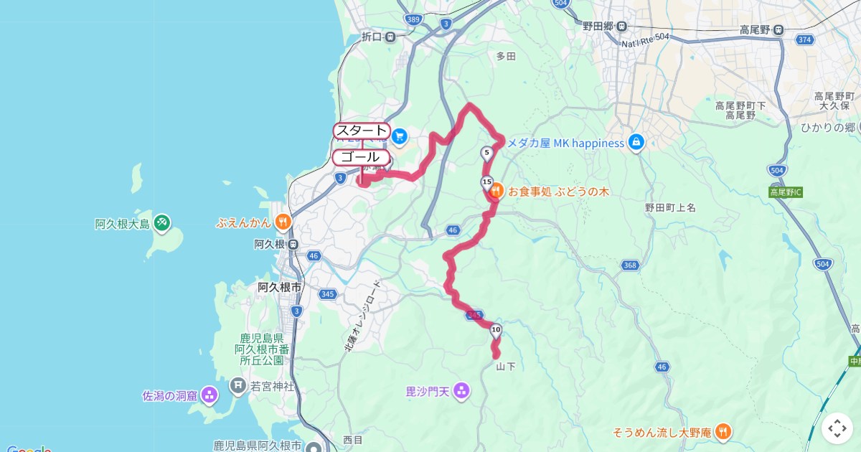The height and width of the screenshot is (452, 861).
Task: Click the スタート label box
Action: click(362, 131)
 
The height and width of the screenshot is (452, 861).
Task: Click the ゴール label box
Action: click(361, 157)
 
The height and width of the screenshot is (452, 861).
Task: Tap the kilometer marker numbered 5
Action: click(486, 152)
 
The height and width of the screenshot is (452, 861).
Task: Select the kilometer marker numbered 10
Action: click(495, 329)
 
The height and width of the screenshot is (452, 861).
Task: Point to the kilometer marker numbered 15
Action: click(486, 182)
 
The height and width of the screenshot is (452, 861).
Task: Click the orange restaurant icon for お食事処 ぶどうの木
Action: click(496, 192)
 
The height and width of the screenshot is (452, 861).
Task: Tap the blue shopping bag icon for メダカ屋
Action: click(635, 143)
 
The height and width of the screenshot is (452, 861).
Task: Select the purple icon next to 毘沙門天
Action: click(461, 391)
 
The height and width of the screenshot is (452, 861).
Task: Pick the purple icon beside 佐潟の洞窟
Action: click(209, 394)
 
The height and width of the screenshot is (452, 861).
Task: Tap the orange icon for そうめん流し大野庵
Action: click(723, 432)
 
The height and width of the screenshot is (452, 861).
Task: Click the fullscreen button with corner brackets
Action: click(837, 428)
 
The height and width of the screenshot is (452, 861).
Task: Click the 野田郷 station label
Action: click(604, 26)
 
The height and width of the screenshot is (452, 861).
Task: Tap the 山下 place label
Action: click(505, 367)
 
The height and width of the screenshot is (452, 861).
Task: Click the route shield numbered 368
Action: click(630, 265)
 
